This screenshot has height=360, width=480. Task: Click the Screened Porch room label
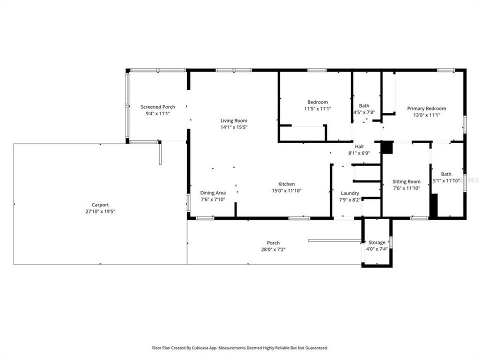coord(157,107)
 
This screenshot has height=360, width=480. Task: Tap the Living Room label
coord(234,120)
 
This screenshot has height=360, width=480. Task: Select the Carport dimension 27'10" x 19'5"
coord(100,211)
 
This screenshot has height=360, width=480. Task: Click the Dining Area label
coord(213,193)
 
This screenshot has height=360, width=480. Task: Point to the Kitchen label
coord(286,184)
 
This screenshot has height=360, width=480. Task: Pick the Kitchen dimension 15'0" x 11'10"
coord(286,190)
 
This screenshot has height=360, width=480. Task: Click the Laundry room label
coord(350,193)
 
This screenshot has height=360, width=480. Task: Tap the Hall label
coord(359,146)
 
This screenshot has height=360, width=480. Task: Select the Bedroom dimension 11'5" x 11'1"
coord(317,108)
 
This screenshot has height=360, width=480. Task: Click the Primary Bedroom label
coord(426,108)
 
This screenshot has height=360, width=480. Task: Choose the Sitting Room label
coord(406,181)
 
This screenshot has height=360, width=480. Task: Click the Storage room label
coord(377,242)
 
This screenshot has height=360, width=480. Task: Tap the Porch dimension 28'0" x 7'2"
coord(273,249)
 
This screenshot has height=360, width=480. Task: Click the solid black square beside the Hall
coord(387,148)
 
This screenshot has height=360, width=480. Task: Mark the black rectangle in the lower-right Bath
coord(434,205)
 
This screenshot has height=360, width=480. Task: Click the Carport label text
coord(100,204)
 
